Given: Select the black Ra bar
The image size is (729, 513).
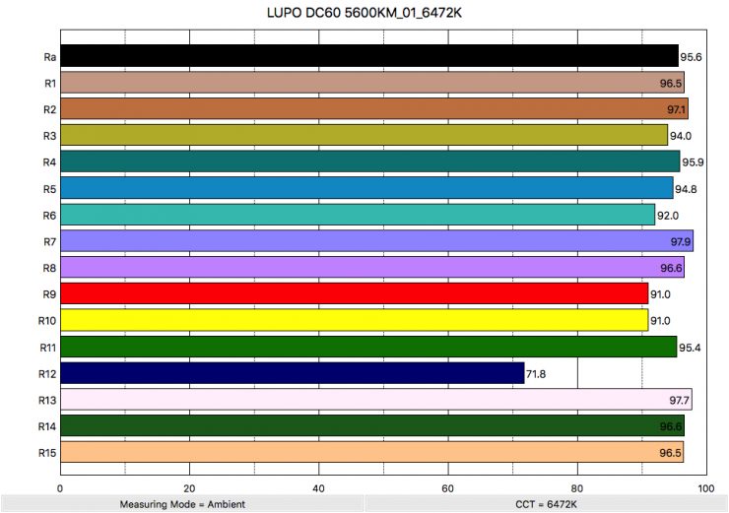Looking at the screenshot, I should coord(369,56).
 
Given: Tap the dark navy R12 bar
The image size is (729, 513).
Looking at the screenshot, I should coord(293,373).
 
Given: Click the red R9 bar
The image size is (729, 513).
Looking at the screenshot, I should coord(355,293).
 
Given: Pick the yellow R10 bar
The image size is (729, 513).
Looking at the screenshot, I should coord(355,320).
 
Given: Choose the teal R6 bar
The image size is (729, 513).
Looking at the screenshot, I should coord(358,215).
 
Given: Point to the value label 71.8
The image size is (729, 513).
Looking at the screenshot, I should coord(538,374).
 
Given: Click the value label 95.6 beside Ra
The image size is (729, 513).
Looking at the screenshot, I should coord(693,57).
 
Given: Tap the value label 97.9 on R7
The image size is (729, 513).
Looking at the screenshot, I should coord(680,241).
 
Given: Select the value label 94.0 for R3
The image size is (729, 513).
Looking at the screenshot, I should coord(682,136).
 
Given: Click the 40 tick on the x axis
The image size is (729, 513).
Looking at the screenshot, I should coord(318,486).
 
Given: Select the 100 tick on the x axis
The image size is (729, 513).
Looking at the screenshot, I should coord(704,486).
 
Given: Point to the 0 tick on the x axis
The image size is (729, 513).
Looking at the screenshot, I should coord(61,486).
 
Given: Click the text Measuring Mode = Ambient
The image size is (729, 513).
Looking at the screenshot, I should coord(182,504).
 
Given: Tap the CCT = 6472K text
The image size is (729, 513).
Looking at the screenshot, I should coord(545,504).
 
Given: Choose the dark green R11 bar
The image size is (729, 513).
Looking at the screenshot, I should coord(368,347).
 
